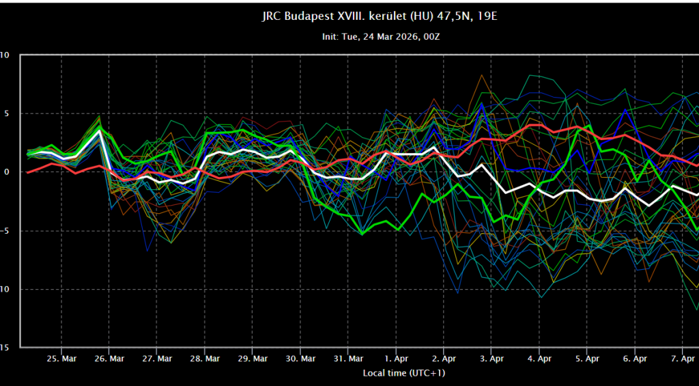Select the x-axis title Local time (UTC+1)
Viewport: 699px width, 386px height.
403,373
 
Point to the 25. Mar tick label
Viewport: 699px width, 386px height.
61,358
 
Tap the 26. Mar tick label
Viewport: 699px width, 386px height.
109,358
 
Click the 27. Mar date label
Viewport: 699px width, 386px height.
157,358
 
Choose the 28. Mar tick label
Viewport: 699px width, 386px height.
205,358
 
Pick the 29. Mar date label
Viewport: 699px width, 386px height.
253,358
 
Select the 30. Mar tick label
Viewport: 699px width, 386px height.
300,358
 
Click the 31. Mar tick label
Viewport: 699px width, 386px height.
348,358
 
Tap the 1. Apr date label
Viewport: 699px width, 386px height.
397,358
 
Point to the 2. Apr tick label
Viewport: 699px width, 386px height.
444,358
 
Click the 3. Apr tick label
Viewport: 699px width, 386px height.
492,358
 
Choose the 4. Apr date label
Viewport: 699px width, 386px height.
540,358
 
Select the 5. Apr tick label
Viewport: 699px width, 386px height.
588,358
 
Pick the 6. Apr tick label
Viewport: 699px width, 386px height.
636,358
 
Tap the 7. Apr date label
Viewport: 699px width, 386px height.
683,358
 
